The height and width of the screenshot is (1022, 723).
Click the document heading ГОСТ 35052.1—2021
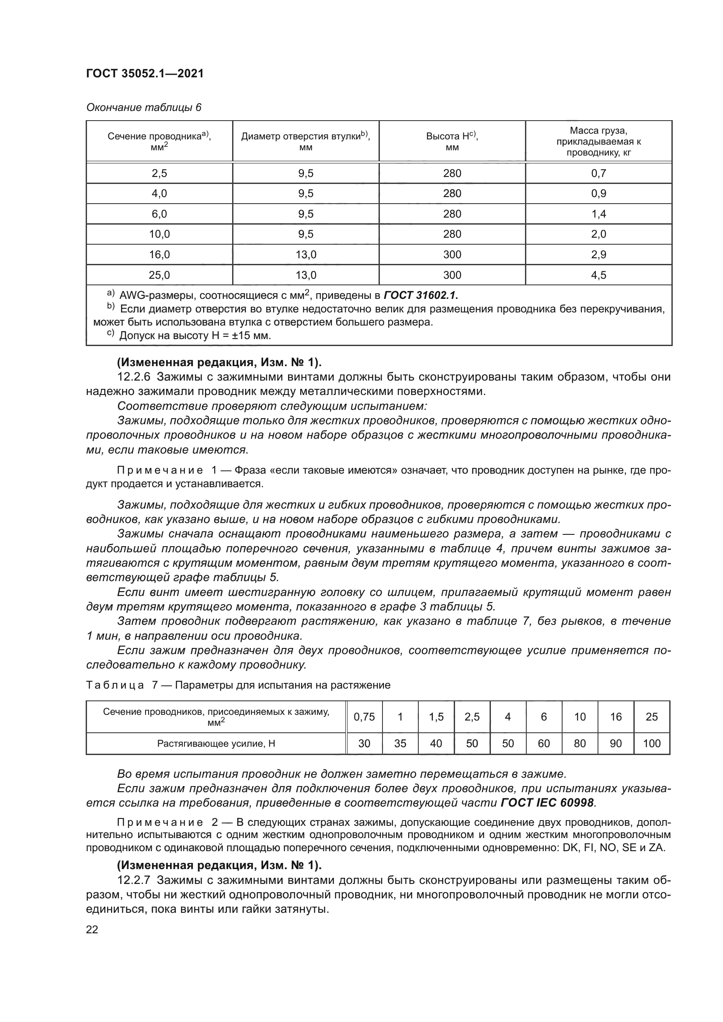[x=145, y=74]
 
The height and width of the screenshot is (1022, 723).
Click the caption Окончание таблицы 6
[x=144, y=108]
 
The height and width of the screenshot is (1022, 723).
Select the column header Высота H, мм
[x=452, y=141]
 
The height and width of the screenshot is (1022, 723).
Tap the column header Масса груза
[x=598, y=131]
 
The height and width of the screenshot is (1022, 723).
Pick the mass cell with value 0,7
[x=598, y=173]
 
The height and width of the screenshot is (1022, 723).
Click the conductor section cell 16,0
[x=159, y=255]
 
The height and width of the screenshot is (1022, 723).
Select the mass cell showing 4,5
[x=598, y=275]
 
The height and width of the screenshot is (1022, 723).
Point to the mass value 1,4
[x=598, y=214]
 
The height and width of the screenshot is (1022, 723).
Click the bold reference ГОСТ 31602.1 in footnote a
[x=421, y=295]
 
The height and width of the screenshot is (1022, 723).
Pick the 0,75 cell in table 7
[x=364, y=717]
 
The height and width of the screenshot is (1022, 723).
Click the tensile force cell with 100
[x=652, y=743]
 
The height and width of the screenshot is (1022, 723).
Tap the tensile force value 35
[x=400, y=743]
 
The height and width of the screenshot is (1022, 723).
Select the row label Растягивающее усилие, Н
[x=216, y=743]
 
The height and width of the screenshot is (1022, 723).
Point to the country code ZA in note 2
[x=656, y=848]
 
